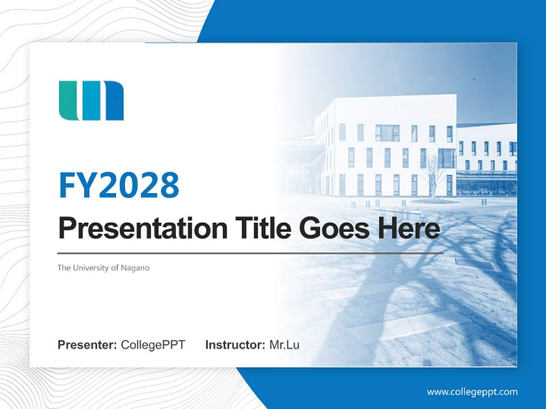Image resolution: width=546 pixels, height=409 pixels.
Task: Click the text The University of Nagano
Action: (x=103, y=268)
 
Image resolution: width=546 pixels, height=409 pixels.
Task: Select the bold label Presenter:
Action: (x=88, y=345)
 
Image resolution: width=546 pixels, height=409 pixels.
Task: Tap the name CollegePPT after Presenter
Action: (x=153, y=345)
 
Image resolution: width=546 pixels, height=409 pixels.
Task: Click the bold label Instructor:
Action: (x=235, y=345)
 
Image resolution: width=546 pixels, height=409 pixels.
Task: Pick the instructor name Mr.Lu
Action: (x=284, y=345)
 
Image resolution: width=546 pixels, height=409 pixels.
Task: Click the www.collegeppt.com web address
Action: (x=472, y=392)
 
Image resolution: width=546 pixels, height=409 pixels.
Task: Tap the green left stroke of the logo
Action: (x=68, y=101)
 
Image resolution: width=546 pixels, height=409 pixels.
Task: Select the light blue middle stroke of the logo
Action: (x=90, y=101)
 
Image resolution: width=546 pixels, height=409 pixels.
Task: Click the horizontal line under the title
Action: (x=250, y=253)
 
